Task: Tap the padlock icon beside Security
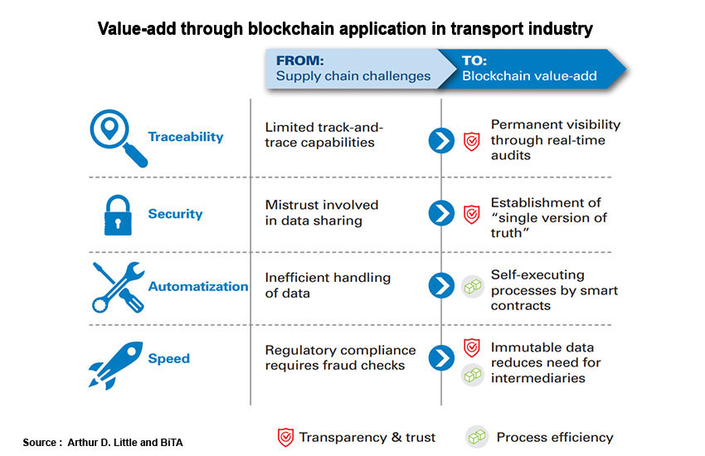click(117, 212)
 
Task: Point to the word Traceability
click(186, 137)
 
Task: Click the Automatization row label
click(198, 287)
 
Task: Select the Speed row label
click(169, 359)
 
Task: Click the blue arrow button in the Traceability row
click(440, 140)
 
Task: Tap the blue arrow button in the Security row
click(440, 213)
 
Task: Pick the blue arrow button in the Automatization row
click(440, 286)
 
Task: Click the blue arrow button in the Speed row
click(440, 359)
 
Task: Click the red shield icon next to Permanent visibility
click(471, 140)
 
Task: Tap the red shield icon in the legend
click(284, 437)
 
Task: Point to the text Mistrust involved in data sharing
click(322, 212)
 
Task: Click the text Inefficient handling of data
click(327, 285)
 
